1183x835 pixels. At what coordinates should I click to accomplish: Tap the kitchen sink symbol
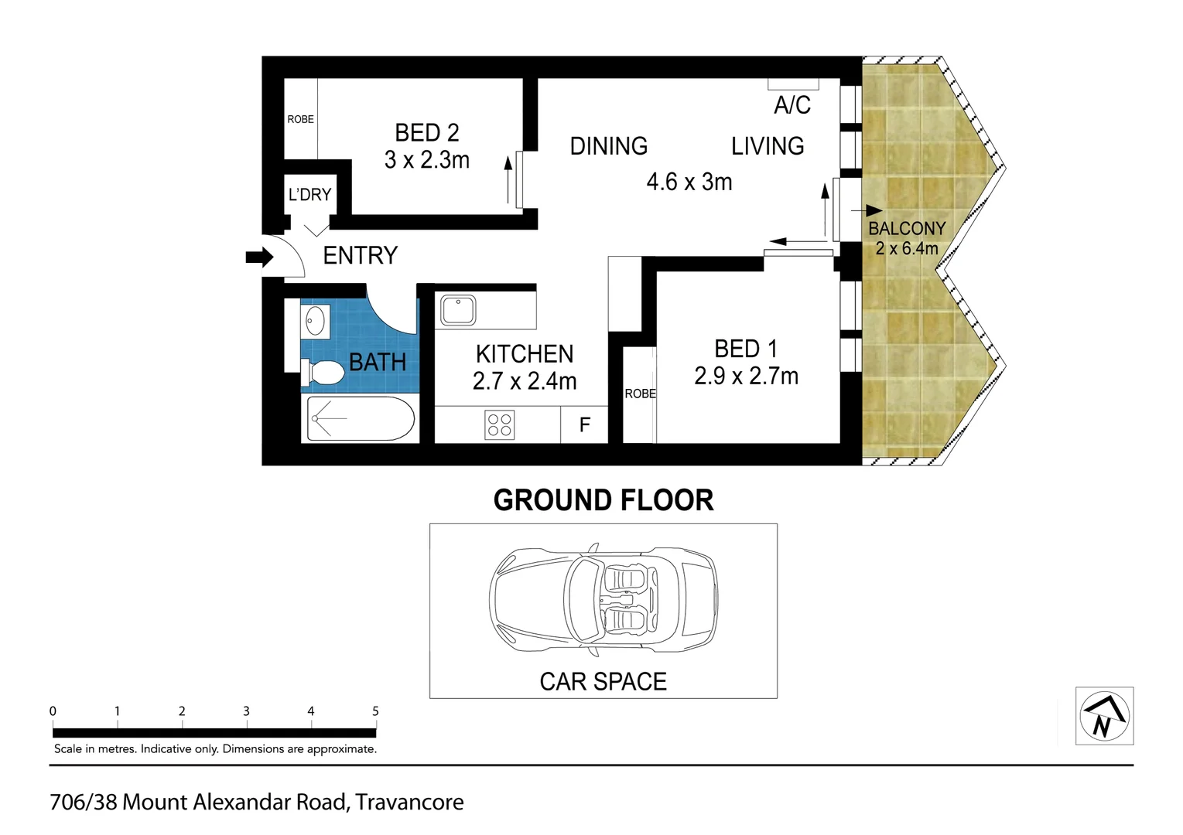point(457,310)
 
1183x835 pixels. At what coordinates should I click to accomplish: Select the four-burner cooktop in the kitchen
point(499,425)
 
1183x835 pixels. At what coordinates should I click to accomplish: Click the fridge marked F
point(585,424)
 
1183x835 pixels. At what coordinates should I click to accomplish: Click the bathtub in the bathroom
point(361,419)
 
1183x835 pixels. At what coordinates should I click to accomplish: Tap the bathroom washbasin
point(315,321)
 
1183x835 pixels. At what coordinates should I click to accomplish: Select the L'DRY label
point(309,195)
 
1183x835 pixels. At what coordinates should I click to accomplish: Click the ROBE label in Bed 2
point(300,119)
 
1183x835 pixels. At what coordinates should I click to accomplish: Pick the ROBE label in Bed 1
point(640,394)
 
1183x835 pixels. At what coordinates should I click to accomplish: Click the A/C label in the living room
point(792,105)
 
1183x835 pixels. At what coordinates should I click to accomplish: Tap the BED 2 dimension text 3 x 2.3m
point(427,160)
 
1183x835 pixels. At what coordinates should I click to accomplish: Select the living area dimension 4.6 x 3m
point(689,182)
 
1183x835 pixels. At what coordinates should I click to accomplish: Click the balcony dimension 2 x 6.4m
point(906,249)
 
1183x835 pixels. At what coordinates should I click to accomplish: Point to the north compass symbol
point(1104,716)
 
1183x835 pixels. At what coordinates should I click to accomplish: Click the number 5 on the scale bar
point(375,711)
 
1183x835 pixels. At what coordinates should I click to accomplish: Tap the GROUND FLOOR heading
point(603,500)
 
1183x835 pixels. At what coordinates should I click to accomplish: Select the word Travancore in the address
point(409,803)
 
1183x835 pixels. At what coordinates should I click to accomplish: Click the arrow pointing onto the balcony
point(867,210)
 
